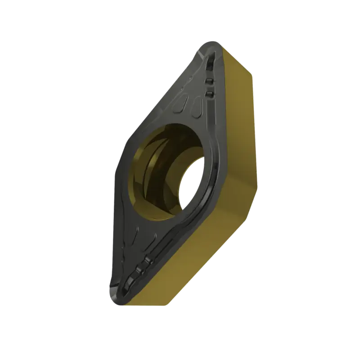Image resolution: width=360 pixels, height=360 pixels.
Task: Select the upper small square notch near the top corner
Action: [x=208, y=81]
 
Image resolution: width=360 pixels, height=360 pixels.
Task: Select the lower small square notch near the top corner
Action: [x=209, y=93]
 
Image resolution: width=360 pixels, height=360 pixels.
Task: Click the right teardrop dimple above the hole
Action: [x=196, y=107]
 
